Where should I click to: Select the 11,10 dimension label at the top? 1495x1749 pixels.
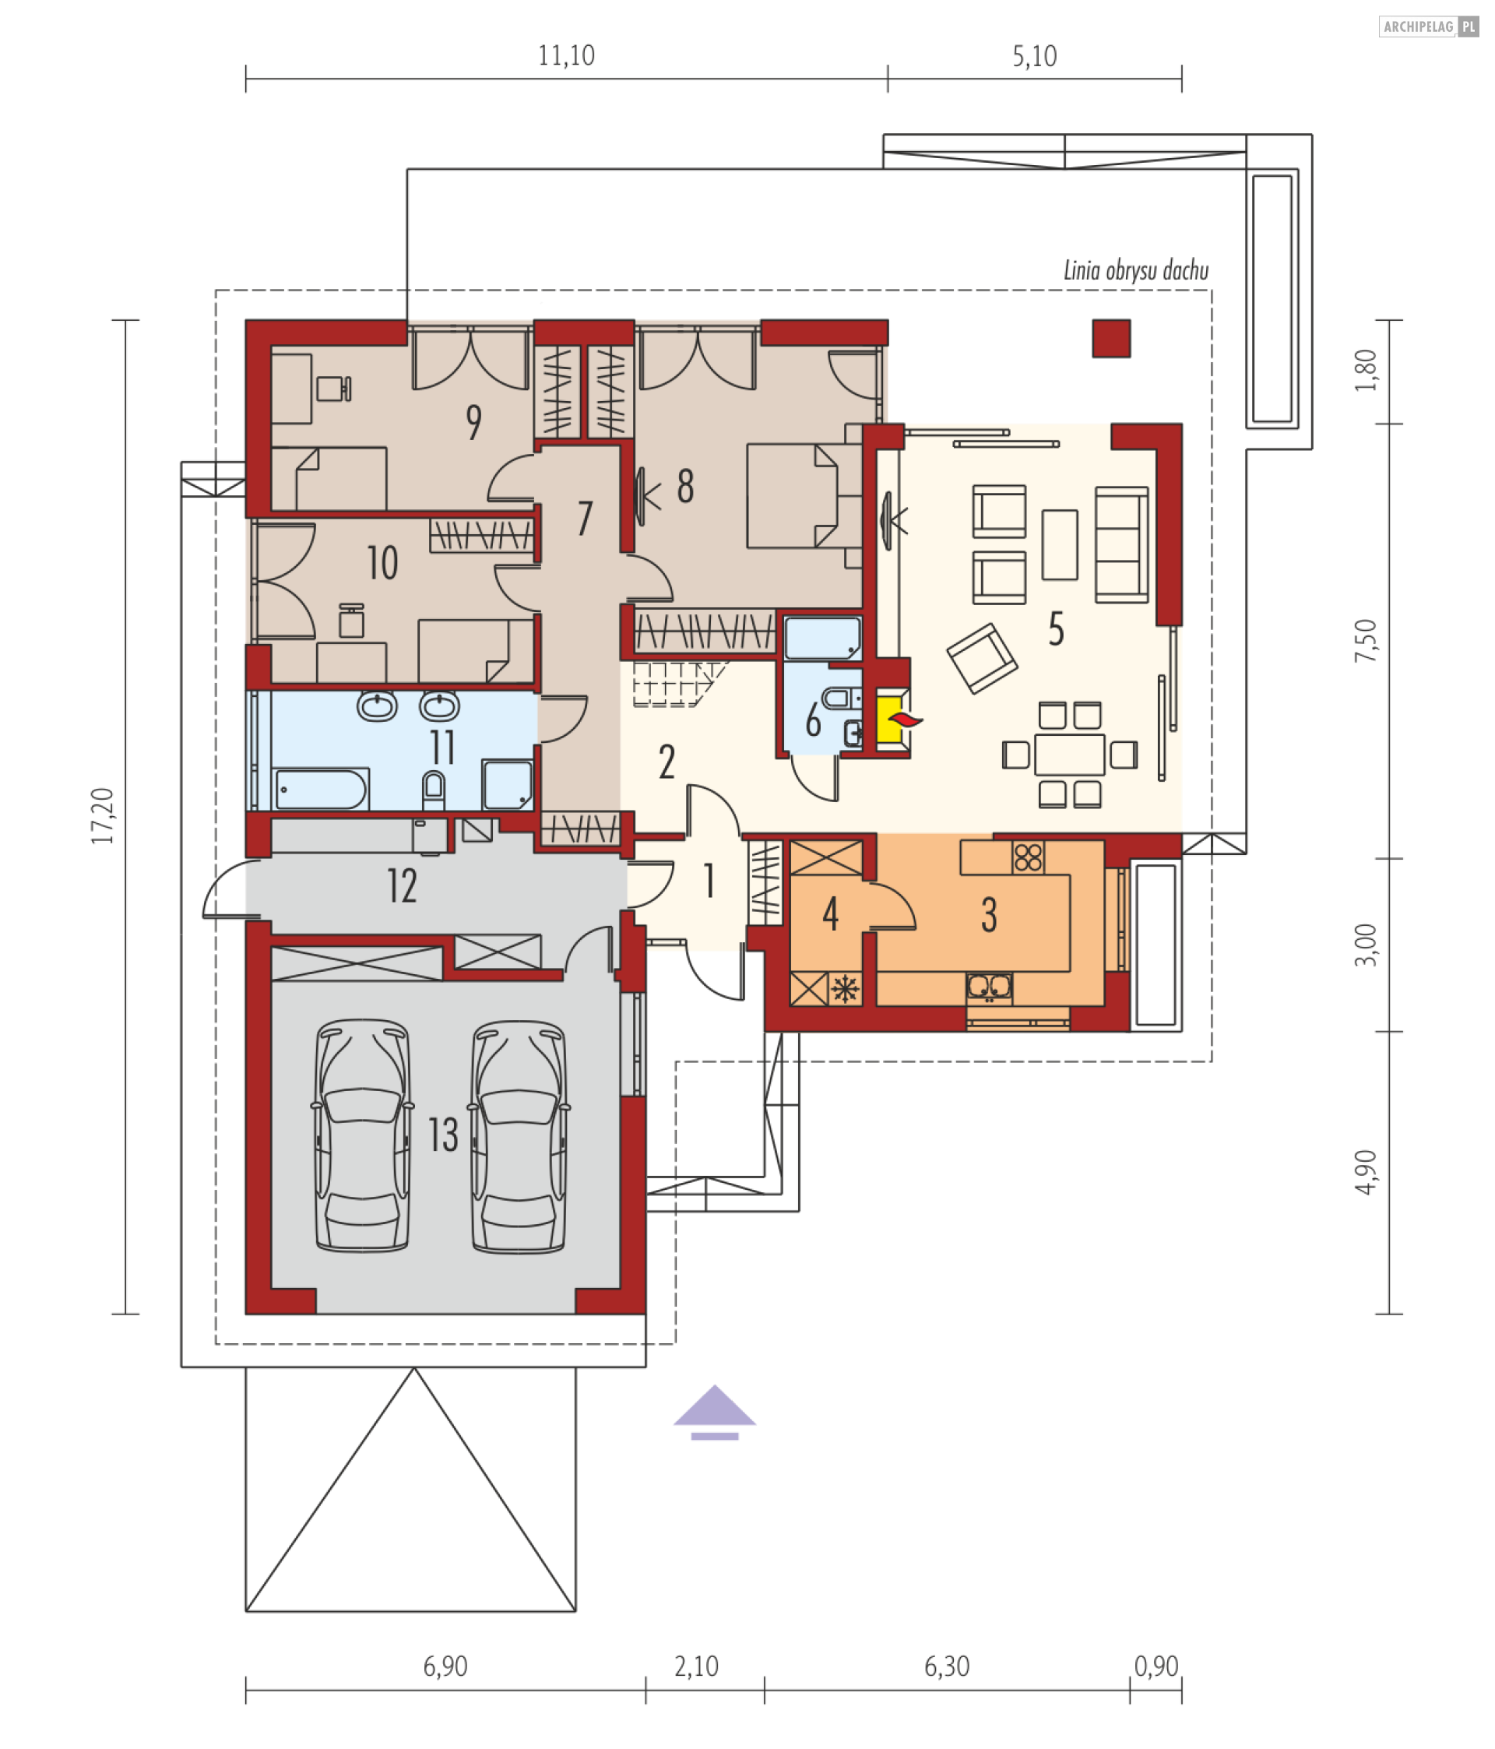(x=566, y=56)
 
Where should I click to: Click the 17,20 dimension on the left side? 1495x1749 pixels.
(x=103, y=815)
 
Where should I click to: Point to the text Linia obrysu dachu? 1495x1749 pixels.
(x=1135, y=271)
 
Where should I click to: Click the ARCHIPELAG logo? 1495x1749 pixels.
(x=1428, y=27)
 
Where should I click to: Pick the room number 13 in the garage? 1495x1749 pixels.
(x=443, y=1135)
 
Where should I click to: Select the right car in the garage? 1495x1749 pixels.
(x=519, y=1136)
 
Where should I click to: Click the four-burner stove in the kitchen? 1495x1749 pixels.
(x=1028, y=857)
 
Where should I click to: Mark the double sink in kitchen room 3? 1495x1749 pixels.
(x=989, y=986)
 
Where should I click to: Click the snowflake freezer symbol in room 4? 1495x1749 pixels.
(x=845, y=988)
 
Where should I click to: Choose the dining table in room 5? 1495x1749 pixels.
(x=1070, y=755)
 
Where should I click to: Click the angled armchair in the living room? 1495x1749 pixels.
(x=982, y=659)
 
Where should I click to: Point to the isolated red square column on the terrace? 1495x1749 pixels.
(x=1111, y=339)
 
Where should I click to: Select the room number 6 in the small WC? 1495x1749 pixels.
(x=813, y=720)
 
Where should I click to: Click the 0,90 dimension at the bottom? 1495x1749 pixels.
(x=1156, y=1666)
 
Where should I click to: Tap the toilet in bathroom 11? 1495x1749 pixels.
(x=433, y=790)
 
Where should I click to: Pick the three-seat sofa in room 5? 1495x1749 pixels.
(x=1122, y=544)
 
